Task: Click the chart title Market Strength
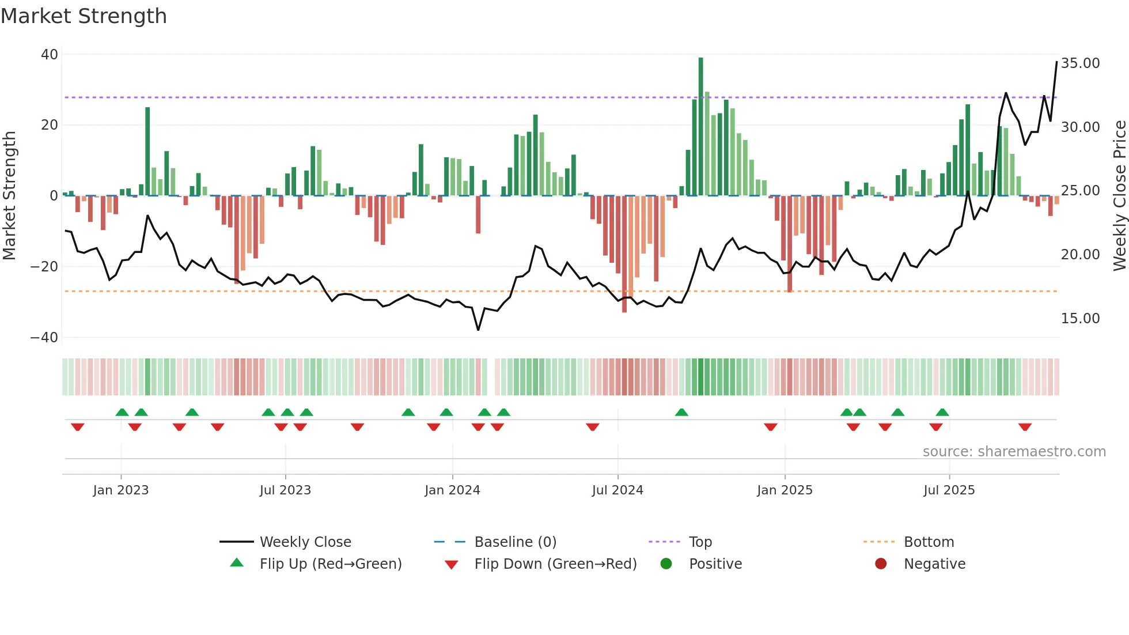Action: pos(84,16)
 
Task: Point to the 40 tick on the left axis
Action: pos(50,55)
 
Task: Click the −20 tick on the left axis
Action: pos(44,267)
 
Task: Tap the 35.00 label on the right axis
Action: pos(1080,63)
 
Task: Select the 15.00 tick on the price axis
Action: pos(1080,319)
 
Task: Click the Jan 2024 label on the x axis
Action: pos(452,490)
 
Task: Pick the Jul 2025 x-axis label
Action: pos(949,490)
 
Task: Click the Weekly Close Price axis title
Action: pos(1119,196)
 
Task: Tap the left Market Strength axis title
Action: pos(9,196)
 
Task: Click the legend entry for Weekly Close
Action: pos(305,542)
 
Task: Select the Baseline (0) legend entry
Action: pos(515,542)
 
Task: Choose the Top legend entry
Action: pos(700,542)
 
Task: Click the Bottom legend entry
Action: pos(929,542)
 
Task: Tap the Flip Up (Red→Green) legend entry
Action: pos(330,564)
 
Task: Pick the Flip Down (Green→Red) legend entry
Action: pos(555,564)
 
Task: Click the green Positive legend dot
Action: pos(666,564)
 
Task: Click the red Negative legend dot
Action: pos(881,564)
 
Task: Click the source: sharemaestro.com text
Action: pos(1014,452)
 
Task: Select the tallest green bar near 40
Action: pos(700,127)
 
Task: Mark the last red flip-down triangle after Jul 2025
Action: pos(1025,427)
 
